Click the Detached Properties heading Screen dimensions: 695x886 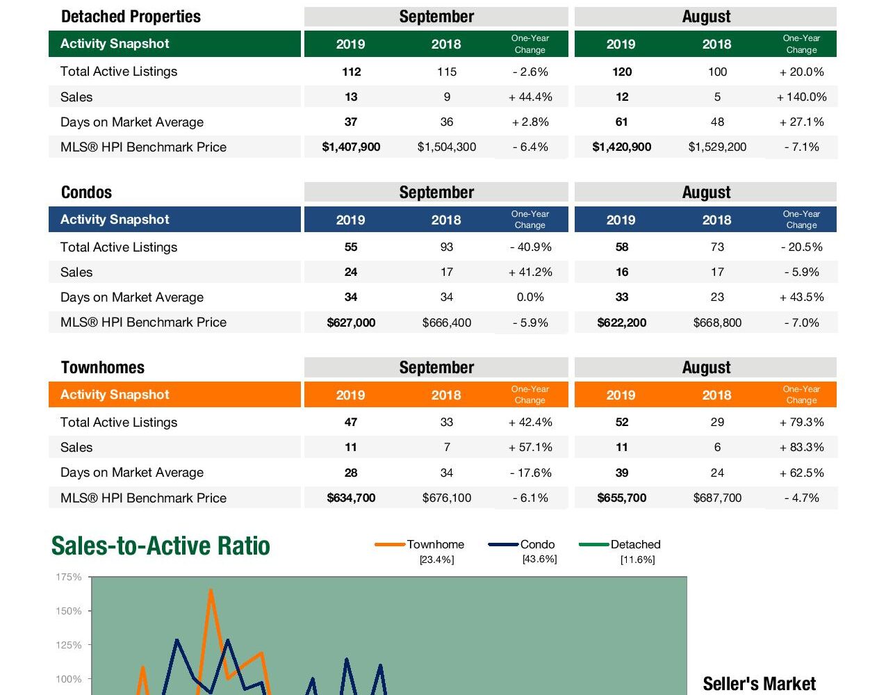(x=131, y=17)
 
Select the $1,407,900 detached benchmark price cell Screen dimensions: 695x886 (x=351, y=147)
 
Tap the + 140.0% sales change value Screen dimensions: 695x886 (x=801, y=97)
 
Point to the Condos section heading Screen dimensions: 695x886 (x=86, y=193)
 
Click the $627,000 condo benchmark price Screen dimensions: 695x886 (x=351, y=322)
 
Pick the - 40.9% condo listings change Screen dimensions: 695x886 (x=530, y=247)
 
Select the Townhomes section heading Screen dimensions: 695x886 (x=103, y=368)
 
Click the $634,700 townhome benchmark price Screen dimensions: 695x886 (x=351, y=498)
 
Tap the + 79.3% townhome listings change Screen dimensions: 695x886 (x=801, y=422)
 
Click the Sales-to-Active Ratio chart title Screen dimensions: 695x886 (x=161, y=546)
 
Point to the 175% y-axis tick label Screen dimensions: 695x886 (x=69, y=577)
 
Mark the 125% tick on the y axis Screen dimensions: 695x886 (x=69, y=645)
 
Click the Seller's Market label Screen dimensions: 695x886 (x=759, y=684)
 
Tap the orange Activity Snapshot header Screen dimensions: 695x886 (x=115, y=395)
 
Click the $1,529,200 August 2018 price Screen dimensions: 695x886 (x=717, y=147)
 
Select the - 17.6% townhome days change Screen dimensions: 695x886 (x=530, y=473)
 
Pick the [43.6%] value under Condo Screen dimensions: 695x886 (x=539, y=559)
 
